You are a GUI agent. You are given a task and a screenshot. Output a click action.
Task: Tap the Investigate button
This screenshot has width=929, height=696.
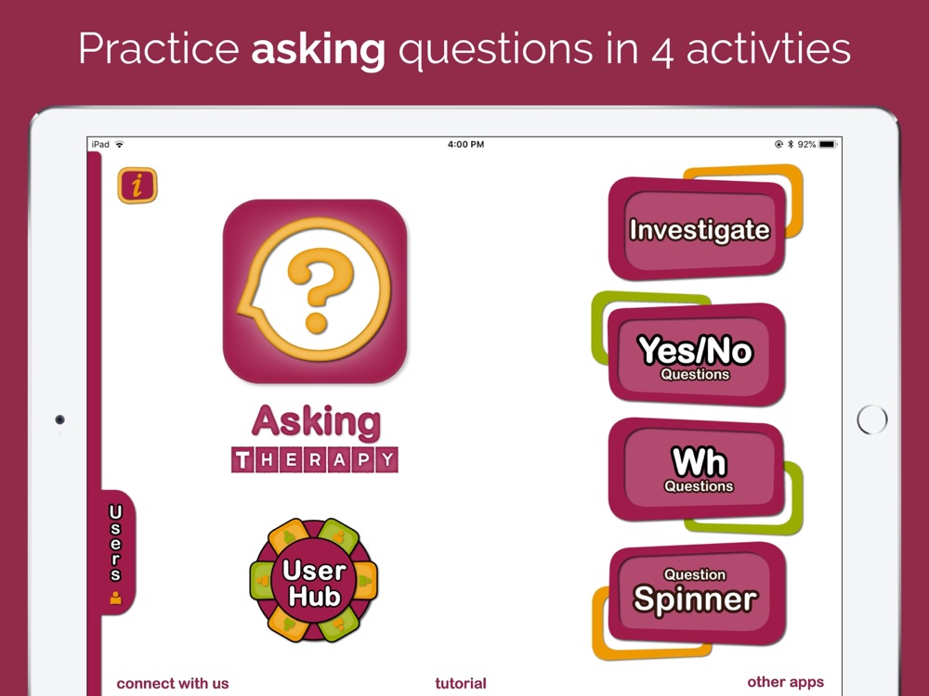tap(698, 229)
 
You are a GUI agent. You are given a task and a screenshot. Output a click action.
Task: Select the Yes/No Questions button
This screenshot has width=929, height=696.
tap(697, 354)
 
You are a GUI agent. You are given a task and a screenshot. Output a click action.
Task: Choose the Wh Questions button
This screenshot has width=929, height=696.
tap(697, 470)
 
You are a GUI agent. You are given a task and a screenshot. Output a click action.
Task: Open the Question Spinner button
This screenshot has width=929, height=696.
tap(698, 594)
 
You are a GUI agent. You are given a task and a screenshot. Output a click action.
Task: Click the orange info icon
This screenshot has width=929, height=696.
tap(137, 186)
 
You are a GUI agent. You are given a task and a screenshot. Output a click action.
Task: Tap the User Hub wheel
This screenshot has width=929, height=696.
tap(313, 581)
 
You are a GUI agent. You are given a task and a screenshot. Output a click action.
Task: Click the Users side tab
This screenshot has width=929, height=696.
tap(117, 552)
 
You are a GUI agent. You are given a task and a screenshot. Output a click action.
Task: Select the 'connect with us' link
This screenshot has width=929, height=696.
tap(173, 684)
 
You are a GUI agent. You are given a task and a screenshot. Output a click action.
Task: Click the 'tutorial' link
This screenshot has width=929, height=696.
tap(461, 684)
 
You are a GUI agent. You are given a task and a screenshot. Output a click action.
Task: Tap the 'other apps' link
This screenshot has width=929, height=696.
tap(786, 682)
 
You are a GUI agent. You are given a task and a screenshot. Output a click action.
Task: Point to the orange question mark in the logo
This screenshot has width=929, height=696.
tap(319, 290)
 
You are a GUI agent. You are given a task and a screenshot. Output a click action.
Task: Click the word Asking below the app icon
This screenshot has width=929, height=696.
tap(316, 422)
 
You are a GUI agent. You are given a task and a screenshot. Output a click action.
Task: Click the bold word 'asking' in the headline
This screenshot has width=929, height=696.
tap(318, 50)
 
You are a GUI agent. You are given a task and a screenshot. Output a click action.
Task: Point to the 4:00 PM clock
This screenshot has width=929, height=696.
tap(465, 145)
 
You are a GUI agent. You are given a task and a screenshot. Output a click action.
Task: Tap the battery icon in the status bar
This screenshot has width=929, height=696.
tap(829, 145)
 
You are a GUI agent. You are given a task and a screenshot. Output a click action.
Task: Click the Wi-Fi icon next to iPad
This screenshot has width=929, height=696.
tap(120, 145)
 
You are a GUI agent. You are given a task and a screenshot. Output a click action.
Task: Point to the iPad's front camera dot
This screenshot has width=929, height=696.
tap(59, 419)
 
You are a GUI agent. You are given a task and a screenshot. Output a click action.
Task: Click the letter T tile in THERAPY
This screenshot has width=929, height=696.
tap(242, 460)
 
